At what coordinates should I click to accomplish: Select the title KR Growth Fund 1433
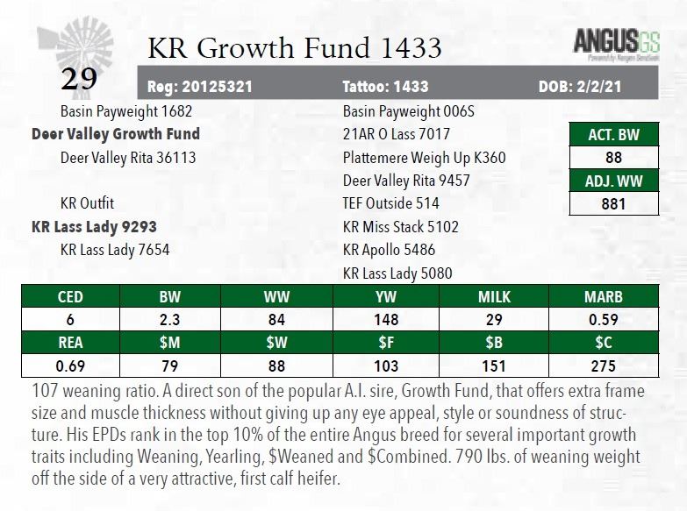click(294, 47)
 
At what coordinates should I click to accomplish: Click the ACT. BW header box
click(614, 134)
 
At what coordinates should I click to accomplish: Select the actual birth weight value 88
click(614, 158)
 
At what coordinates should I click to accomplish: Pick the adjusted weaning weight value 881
click(614, 204)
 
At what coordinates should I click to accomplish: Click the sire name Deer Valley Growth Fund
click(116, 134)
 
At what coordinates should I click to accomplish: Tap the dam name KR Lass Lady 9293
click(94, 226)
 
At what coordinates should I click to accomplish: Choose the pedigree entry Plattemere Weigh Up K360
click(424, 158)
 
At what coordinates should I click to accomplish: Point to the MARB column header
click(604, 297)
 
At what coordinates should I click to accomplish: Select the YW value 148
click(385, 320)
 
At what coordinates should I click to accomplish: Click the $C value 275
click(604, 366)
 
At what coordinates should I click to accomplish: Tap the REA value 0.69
click(70, 366)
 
